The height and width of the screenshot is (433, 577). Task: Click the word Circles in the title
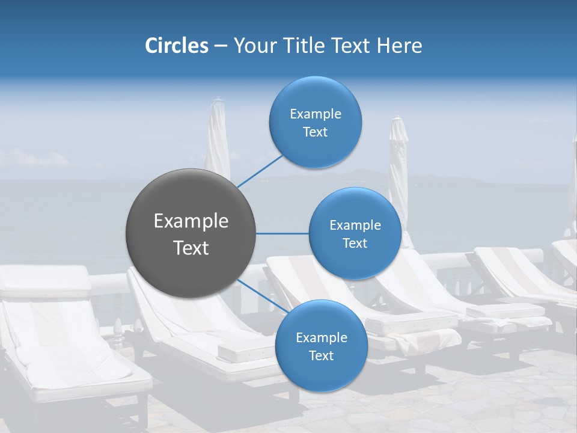point(176,46)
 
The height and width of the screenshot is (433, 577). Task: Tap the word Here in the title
point(399,46)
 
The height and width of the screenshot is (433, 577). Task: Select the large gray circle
point(191,234)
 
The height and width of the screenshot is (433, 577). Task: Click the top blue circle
point(315,122)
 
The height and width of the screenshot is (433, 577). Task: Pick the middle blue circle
point(355,233)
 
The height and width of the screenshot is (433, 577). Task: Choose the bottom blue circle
point(321,346)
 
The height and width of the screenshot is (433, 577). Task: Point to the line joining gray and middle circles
point(282,233)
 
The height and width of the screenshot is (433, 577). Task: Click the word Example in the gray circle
point(191,221)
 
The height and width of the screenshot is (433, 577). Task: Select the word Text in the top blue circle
point(315,132)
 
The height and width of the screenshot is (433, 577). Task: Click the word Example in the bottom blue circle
point(321,337)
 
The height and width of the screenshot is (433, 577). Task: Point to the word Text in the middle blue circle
point(355,243)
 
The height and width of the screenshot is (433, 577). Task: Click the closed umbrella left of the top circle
point(218,141)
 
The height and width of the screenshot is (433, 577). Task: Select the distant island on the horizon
point(361,176)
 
